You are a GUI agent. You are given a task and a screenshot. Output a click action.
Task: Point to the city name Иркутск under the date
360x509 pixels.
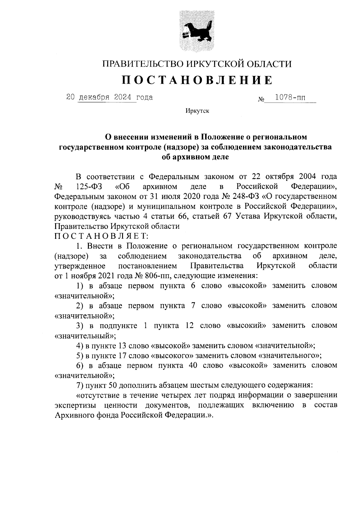(x=197, y=111)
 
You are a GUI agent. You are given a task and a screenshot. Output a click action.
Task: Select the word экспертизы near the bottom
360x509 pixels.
(x=75, y=405)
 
